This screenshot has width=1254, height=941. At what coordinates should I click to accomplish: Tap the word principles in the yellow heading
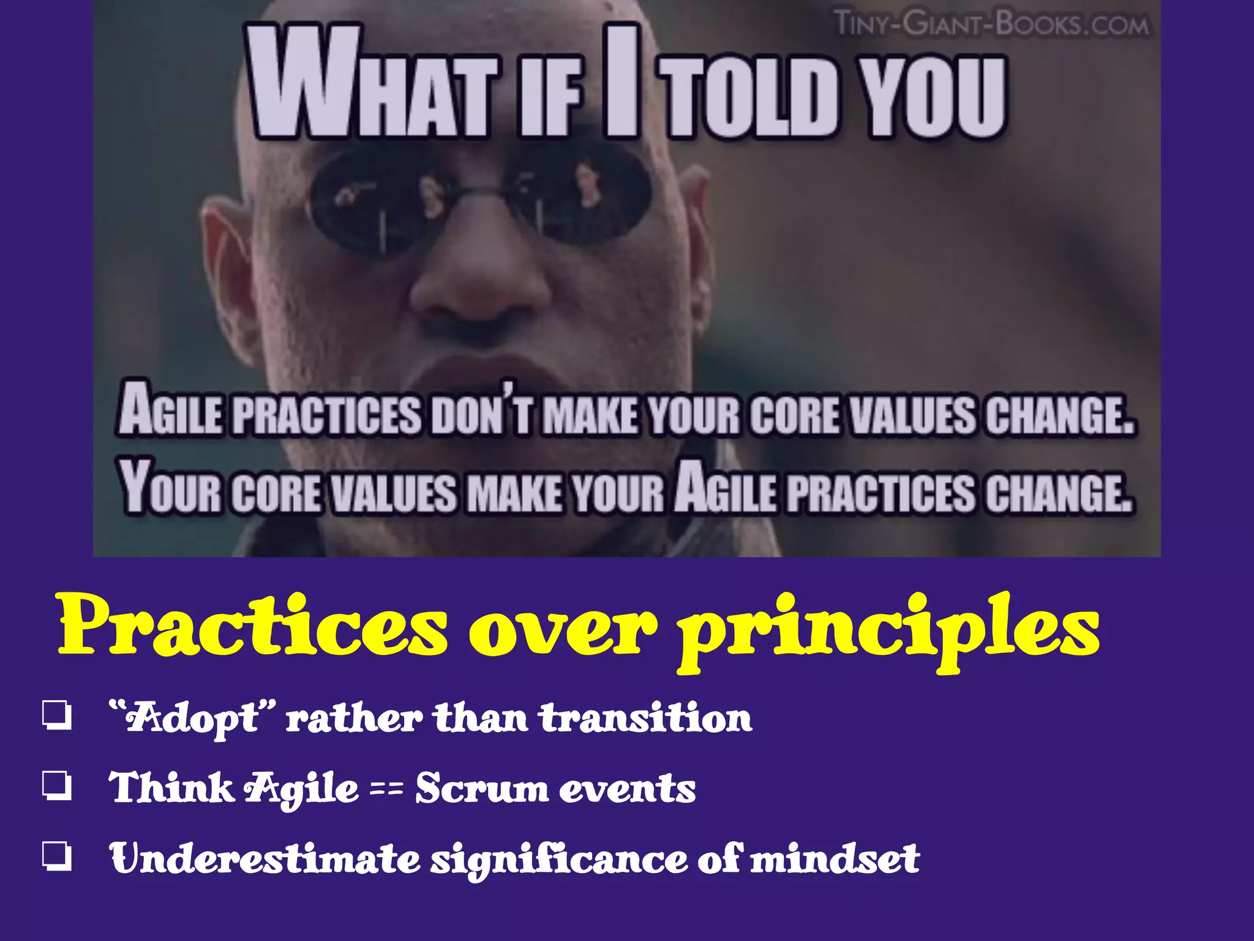pyautogui.click(x=888, y=631)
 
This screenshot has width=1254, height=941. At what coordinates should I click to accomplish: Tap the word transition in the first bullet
pyautogui.click(x=645, y=718)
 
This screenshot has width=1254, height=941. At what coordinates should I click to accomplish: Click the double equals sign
pyautogui.click(x=387, y=788)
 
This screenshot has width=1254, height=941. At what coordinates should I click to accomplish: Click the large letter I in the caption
pyautogui.click(x=621, y=80)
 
